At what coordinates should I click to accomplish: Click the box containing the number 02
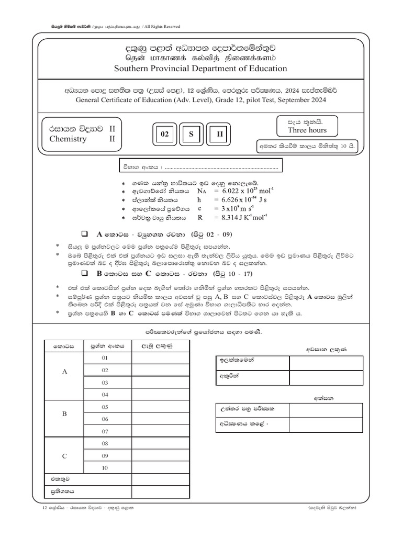click(164, 135)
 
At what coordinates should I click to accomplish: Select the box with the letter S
click(192, 135)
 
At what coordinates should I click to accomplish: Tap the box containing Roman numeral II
click(220, 135)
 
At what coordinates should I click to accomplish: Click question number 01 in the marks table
click(105, 358)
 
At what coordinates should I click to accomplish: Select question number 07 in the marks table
click(105, 431)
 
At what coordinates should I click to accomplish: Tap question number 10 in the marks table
click(105, 468)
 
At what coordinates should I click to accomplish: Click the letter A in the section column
click(65, 371)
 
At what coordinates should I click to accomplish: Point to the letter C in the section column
click(65, 456)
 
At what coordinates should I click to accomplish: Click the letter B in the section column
click(65, 414)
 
